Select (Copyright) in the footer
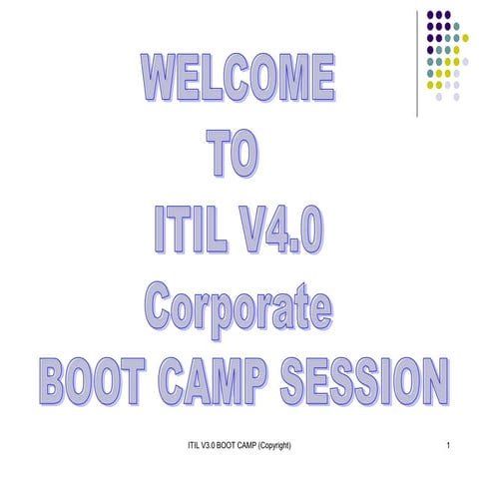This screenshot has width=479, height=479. click(269, 443)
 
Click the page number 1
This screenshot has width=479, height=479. click(452, 443)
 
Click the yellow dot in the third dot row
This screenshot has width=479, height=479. click(465, 38)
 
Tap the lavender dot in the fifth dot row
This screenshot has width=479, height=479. click(465, 61)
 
